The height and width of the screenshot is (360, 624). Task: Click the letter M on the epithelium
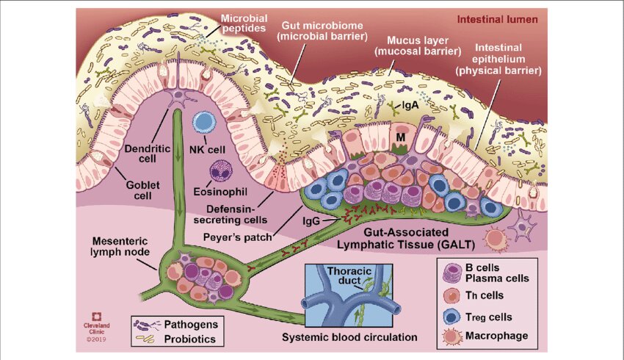tap(401, 137)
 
